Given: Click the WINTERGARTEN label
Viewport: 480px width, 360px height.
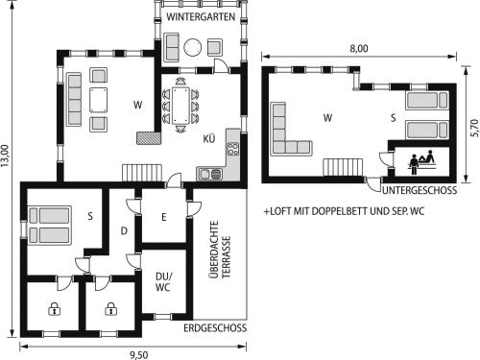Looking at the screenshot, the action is click(x=201, y=16).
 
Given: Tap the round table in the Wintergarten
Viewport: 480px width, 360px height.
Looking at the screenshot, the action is click(x=193, y=47).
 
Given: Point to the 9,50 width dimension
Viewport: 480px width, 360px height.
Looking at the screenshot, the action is click(x=139, y=355).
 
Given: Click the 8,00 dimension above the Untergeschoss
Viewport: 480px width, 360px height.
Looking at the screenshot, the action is click(x=359, y=49).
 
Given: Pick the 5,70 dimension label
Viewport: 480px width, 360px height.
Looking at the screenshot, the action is click(x=474, y=128).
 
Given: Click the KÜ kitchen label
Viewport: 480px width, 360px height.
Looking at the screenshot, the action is click(x=209, y=138).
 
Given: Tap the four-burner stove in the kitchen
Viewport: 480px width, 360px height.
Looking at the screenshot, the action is click(x=233, y=149).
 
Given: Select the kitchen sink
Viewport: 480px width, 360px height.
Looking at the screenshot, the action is click(x=210, y=174).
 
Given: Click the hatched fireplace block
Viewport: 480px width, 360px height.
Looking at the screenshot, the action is click(x=148, y=138).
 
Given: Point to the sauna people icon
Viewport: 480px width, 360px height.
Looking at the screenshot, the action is click(x=421, y=160).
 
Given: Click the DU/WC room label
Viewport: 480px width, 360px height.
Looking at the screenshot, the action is click(x=163, y=281).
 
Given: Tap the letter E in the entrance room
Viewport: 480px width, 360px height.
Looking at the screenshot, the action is click(x=164, y=218).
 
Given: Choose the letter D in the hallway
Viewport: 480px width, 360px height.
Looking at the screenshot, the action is click(x=124, y=230).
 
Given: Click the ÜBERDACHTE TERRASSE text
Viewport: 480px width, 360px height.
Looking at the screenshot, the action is click(x=220, y=250).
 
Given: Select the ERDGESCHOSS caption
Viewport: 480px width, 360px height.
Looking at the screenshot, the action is click(x=215, y=328).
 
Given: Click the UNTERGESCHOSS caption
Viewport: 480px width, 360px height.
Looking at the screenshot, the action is click(x=420, y=190).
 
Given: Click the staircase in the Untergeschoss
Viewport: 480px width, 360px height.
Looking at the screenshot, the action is click(x=343, y=167).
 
